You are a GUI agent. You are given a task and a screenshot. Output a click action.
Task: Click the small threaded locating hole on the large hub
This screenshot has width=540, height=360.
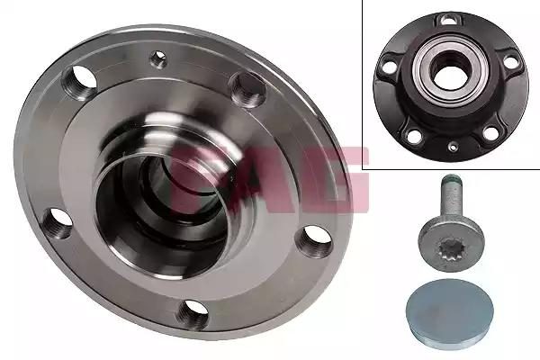(x=158, y=58)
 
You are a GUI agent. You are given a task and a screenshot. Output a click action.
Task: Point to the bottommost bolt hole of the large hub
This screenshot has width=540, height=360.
(x=193, y=313)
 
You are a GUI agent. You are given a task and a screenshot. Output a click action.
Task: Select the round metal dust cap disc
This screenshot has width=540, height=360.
(x=449, y=310)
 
